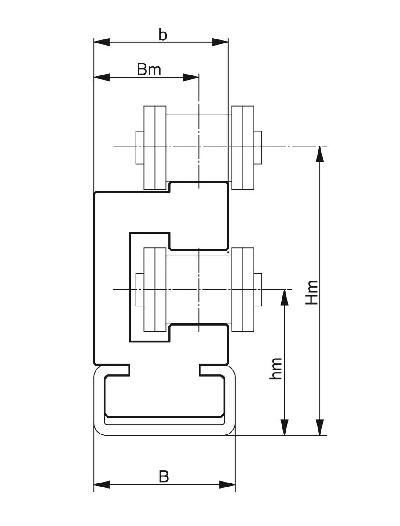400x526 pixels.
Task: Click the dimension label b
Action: click(163, 35)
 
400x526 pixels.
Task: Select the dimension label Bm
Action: click(149, 69)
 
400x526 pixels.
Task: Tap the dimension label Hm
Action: click(312, 292)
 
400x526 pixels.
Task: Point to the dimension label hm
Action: click(276, 369)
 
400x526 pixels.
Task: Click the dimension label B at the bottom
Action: click(164, 476)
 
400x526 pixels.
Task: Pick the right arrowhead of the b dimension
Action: click(220, 42)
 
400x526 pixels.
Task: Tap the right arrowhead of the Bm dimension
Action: click(191, 77)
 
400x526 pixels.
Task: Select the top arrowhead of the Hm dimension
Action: click(320, 153)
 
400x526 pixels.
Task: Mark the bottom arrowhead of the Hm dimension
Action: click(320, 427)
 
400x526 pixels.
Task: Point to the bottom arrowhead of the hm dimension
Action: click(285, 427)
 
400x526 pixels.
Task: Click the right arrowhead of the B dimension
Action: click(227, 485)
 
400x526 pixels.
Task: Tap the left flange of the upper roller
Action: click(155, 147)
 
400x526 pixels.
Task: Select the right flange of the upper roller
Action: click(243, 147)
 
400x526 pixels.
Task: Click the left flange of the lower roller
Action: click(155, 289)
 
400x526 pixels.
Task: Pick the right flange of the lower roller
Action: click(243, 289)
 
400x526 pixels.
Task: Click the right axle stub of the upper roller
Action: click(258, 147)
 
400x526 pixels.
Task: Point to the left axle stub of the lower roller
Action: click(139, 289)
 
